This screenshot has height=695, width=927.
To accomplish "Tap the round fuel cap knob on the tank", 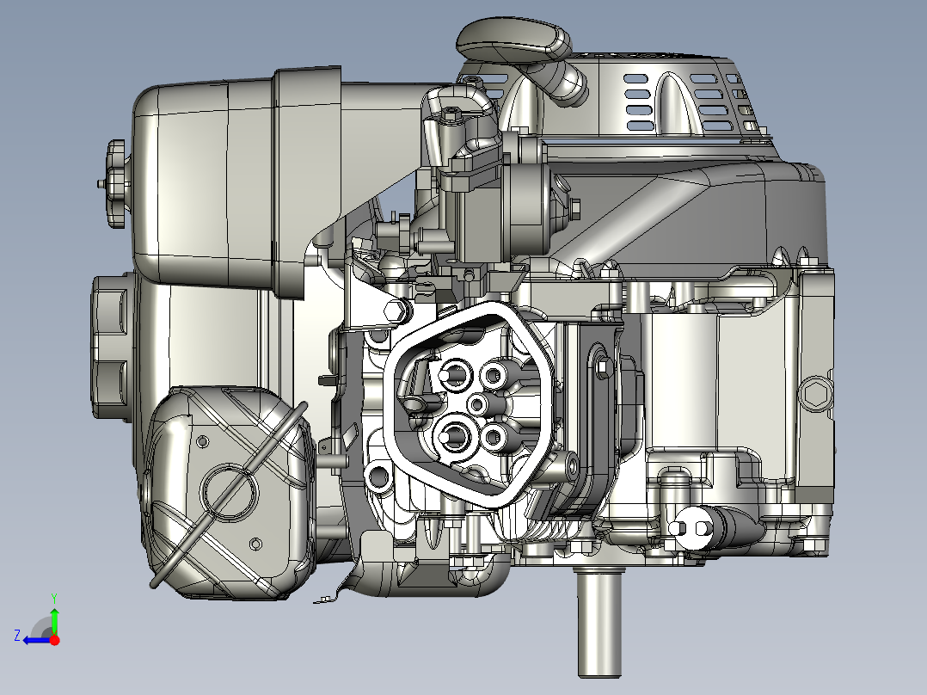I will (x=115, y=183).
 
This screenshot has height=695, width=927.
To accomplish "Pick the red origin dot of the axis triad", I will (x=55, y=640).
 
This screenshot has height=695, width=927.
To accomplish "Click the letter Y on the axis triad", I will (x=54, y=596).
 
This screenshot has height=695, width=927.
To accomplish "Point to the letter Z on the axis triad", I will (x=16, y=636).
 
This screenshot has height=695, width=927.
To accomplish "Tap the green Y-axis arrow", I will (x=54, y=618).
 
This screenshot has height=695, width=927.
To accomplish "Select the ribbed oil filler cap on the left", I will (x=112, y=344).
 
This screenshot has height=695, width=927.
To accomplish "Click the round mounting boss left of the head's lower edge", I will (x=379, y=477).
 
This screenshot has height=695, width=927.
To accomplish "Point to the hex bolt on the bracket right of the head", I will (x=603, y=369).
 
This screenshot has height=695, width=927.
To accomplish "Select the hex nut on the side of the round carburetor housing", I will (x=574, y=207).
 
